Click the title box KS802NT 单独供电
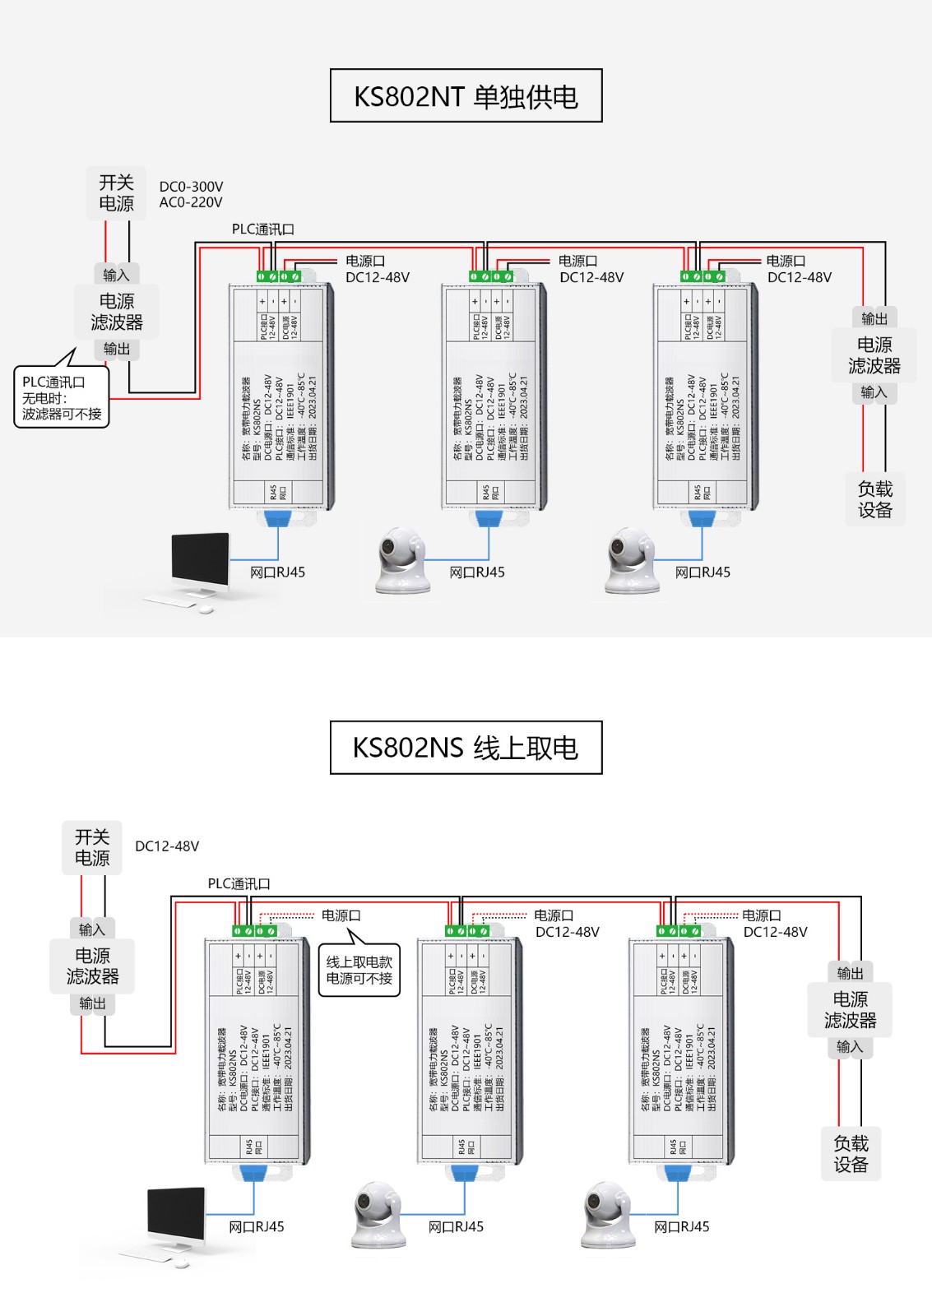click(466, 96)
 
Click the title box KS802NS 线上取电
click(466, 748)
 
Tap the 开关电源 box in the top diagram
click(116, 193)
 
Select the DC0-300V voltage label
click(191, 187)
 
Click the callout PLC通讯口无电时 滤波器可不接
click(61, 398)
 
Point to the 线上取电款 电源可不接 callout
click(359, 971)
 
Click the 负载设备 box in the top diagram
click(874, 499)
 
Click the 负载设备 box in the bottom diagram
click(851, 1153)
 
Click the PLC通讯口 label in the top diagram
click(262, 229)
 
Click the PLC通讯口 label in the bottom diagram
click(239, 883)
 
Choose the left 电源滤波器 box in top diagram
click(116, 312)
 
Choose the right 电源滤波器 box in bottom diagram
click(850, 1010)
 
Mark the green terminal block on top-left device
click(279, 276)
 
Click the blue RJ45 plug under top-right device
click(701, 518)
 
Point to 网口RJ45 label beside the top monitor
click(277, 572)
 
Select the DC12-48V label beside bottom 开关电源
click(167, 846)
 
